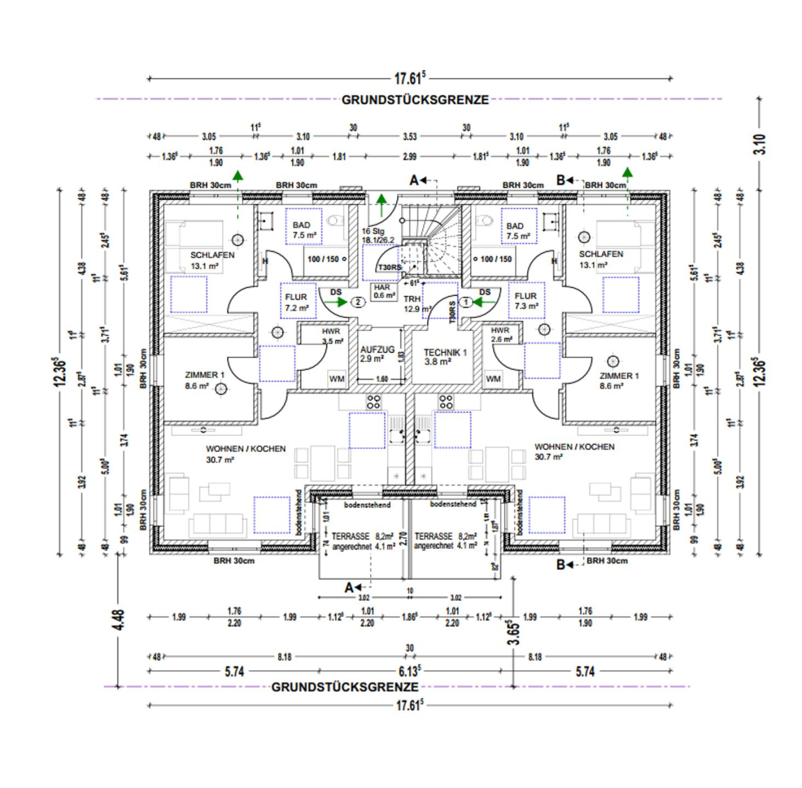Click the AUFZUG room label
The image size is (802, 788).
377,350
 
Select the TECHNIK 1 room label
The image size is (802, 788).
445,353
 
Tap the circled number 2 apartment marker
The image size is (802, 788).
358,302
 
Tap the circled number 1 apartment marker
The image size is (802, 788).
466,302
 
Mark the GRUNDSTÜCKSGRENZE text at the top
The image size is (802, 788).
415,100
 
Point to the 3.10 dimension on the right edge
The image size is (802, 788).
760,145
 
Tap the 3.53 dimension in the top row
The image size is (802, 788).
409,136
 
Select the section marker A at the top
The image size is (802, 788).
414,180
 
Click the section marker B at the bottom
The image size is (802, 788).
561,565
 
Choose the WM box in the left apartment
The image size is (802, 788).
336,379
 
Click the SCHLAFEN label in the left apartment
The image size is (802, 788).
212,255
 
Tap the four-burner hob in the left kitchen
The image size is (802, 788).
374,402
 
